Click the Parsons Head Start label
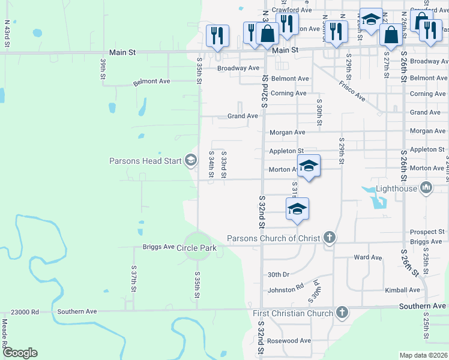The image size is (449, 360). (146, 161)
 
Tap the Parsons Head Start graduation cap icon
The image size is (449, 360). (191, 160)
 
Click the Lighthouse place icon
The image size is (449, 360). (426, 188)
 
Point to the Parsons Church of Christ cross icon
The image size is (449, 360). (329, 238)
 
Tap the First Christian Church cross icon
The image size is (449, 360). (342, 313)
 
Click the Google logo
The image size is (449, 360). (20, 353)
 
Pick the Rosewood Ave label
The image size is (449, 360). (290, 341)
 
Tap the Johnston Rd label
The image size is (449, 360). (285, 289)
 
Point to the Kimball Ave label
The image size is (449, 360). (403, 290)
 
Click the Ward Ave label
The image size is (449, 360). (368, 257)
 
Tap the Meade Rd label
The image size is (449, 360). (5, 331)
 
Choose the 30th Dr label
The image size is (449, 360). (279, 274)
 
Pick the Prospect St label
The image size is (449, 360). (427, 232)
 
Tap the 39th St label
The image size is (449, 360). (103, 69)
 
